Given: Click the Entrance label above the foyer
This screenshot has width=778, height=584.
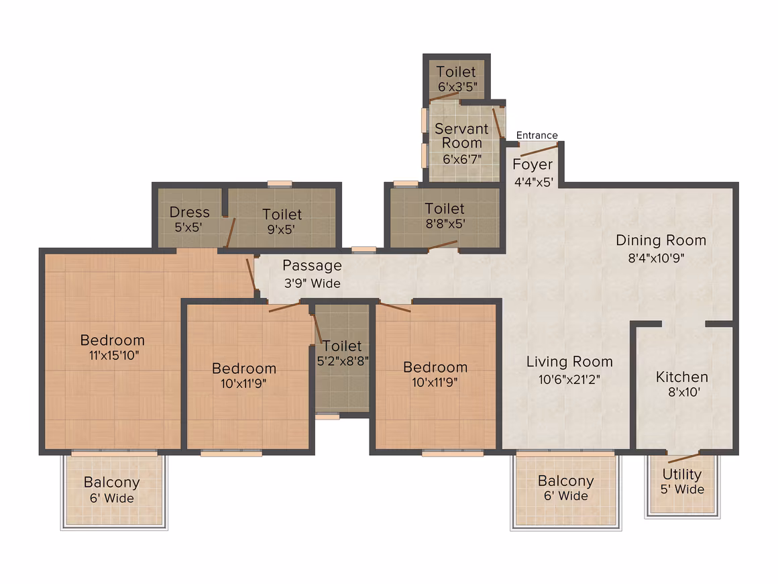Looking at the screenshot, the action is (537, 135).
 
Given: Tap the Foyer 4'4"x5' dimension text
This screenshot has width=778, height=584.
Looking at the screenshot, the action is (533, 182).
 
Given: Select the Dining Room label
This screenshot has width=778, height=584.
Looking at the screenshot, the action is (661, 240).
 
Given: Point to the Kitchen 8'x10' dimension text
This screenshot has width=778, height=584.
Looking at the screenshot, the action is (683, 392).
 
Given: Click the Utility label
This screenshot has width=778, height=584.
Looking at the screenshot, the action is (681, 475).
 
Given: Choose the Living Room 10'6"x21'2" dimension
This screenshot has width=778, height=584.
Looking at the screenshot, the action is (569, 379).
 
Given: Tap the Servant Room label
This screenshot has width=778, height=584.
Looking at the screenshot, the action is (461, 136).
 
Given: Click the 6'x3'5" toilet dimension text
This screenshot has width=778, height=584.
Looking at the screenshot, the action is (457, 87).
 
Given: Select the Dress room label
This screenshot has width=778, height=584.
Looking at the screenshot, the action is (189, 212).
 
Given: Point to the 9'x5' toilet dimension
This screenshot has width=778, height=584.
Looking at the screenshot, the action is (281, 230).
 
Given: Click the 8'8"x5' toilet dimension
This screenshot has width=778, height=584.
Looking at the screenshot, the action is (445, 224).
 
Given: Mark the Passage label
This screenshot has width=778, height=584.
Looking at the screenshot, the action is (312, 266).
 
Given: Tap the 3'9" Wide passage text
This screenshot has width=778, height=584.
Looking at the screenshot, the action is (312, 283).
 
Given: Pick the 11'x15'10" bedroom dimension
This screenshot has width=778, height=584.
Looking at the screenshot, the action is (113, 355).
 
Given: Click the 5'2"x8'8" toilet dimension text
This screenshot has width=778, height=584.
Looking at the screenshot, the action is (343, 361).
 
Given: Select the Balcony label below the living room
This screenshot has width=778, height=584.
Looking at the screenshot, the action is (565, 481).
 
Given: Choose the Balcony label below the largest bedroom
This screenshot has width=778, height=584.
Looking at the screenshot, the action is (111, 482).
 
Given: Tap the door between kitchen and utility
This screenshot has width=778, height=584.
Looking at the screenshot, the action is (683, 458).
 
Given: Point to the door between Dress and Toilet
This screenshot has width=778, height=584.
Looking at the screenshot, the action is (231, 232).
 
